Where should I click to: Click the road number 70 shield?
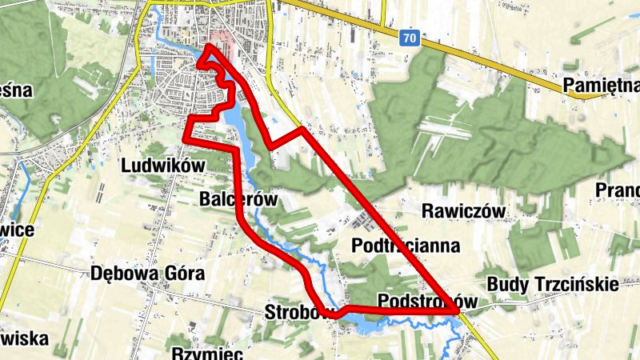(x=410, y=38)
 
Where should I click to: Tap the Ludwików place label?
(x=163, y=166)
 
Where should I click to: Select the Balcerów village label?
(x=238, y=199)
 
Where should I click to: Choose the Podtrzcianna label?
(x=406, y=245)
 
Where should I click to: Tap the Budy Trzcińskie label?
(x=552, y=284)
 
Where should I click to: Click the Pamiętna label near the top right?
(x=601, y=86)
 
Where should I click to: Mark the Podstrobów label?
(x=427, y=302)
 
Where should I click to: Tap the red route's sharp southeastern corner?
(x=457, y=309)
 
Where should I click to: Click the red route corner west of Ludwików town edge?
(x=186, y=139)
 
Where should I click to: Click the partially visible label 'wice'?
(x=17, y=230)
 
